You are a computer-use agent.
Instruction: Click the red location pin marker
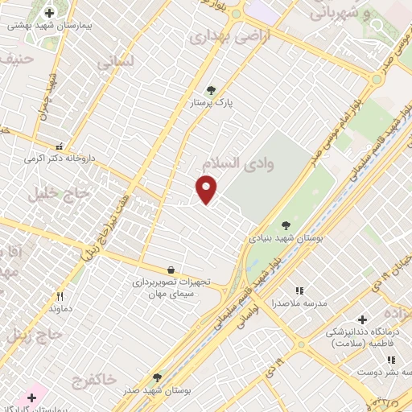click(207, 189)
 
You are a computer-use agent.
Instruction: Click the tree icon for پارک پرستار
click(212, 90)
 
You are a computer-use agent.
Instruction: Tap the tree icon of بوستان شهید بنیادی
click(286, 225)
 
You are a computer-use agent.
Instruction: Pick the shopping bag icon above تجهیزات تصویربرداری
click(170, 270)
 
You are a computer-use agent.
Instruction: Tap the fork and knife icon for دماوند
click(60, 296)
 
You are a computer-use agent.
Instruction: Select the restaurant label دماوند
click(60, 309)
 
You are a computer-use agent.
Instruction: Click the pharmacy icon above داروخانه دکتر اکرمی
click(59, 146)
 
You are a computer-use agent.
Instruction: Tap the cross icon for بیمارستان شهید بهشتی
click(50, 13)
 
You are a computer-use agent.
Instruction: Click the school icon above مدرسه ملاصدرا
click(299, 290)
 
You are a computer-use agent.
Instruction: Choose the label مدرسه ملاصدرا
click(299, 303)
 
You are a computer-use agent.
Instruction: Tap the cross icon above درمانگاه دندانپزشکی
click(361, 319)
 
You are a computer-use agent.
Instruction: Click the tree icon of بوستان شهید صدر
click(157, 377)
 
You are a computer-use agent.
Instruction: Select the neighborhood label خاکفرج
click(94, 377)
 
